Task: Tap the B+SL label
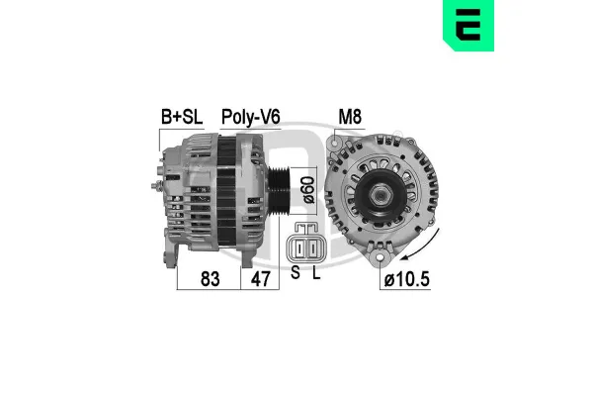pos(181,117)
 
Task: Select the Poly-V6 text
pos(250,117)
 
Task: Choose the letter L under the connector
pos(315,273)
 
